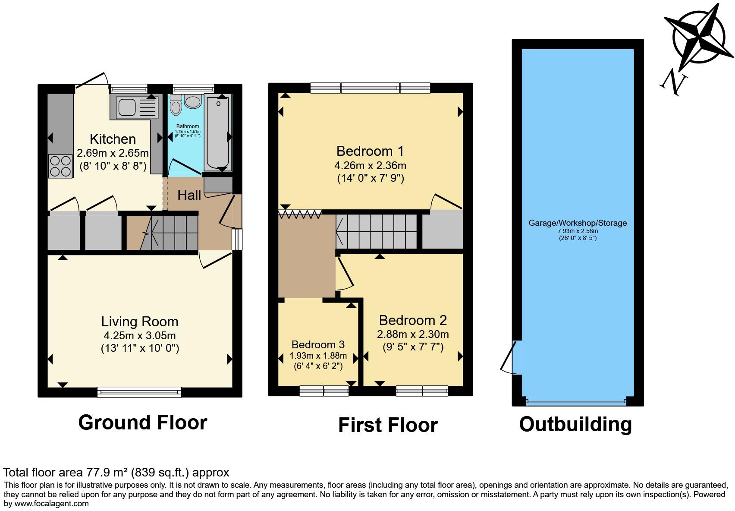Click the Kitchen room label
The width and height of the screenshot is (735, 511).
[x=113, y=139]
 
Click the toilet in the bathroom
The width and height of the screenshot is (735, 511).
[x=176, y=106]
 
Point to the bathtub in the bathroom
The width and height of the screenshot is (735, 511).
[x=219, y=134]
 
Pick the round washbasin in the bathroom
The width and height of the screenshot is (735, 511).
[x=193, y=102]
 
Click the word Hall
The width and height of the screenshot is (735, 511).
[x=189, y=195]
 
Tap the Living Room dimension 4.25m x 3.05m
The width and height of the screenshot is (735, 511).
[x=139, y=336]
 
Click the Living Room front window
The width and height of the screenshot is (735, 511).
[x=139, y=392]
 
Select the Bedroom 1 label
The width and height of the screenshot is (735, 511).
[x=370, y=151]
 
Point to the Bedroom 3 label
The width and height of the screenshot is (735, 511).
[x=318, y=344]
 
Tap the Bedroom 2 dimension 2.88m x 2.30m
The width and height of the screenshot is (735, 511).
[x=413, y=334]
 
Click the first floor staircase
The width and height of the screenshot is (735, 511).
[x=376, y=232]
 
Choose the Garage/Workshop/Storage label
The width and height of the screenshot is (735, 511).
[x=578, y=223]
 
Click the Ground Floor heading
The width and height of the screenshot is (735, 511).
[x=143, y=423]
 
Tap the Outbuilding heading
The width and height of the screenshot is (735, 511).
[x=575, y=424]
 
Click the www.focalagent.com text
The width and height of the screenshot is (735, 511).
[x=52, y=503]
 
